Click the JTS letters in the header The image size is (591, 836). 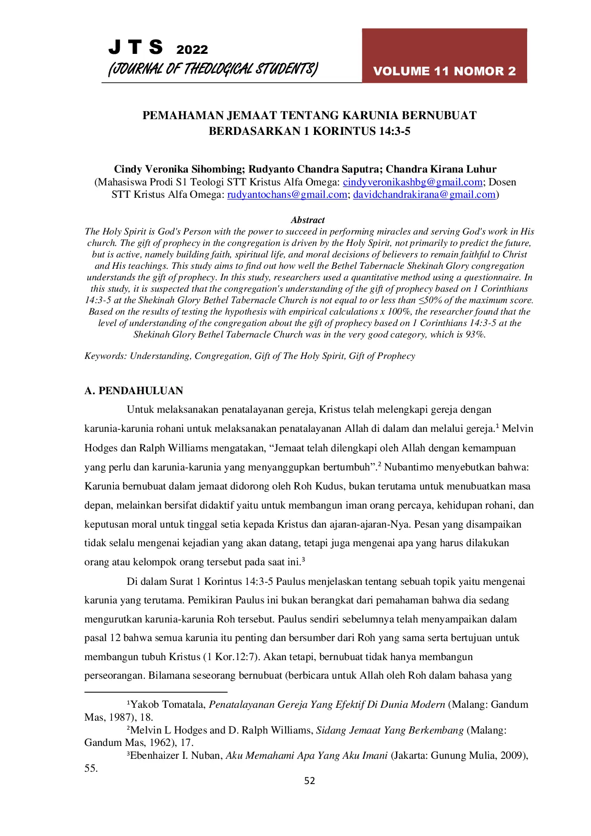(x=135, y=48)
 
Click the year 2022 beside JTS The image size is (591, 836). (x=192, y=50)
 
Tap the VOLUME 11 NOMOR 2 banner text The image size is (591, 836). (x=444, y=71)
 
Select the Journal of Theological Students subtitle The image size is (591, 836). (x=213, y=69)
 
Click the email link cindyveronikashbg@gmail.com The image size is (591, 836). (x=413, y=182)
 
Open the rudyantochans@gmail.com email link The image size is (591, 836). (x=287, y=194)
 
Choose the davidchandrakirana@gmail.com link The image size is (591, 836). (x=424, y=194)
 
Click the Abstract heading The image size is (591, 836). (x=308, y=220)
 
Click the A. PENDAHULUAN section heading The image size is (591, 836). (x=134, y=391)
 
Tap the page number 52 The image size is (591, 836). (x=310, y=781)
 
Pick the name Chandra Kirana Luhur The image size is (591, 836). (x=441, y=169)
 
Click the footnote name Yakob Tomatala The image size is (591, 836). (x=168, y=704)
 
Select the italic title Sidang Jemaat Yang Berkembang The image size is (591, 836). (x=389, y=730)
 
